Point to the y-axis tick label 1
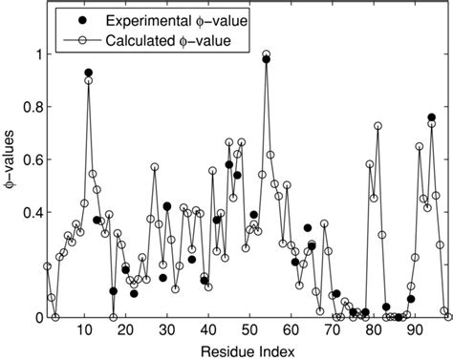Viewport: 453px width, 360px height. click(x=36, y=54)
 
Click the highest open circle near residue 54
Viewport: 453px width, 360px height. click(x=266, y=54)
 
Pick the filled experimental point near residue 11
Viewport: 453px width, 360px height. click(x=88, y=73)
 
